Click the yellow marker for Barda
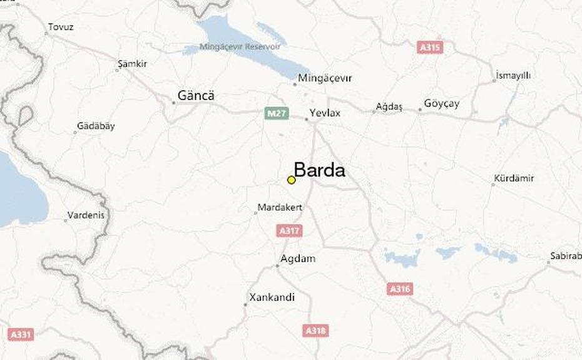pyautogui.click(x=291, y=180)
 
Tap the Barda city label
pyautogui.click(x=319, y=170)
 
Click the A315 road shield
pyautogui.click(x=430, y=47)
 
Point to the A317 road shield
pyautogui.click(x=288, y=231)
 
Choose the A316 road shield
pyautogui.click(x=399, y=289)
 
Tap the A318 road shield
pyautogui.click(x=316, y=330)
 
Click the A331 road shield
pyautogui.click(x=20, y=334)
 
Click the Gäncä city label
pyautogui.click(x=195, y=96)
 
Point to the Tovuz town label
pyautogui.click(x=61, y=28)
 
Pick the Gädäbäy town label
pyautogui.click(x=96, y=126)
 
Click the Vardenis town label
pyautogui.click(x=86, y=215)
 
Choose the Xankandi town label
pyautogui.click(x=272, y=297)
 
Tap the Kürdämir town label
pyautogui.click(x=514, y=178)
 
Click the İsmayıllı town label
pyautogui.click(x=513, y=75)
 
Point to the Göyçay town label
pyautogui.click(x=441, y=103)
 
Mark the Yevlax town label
pyautogui.click(x=325, y=113)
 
